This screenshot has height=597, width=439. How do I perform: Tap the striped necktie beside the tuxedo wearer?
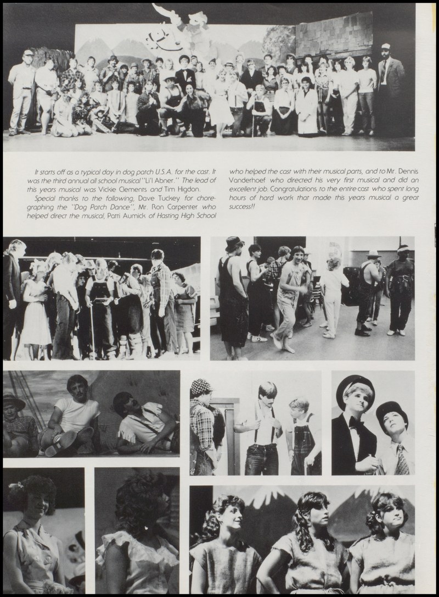[402, 461]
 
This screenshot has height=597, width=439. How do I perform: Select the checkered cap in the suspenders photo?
[201, 388]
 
